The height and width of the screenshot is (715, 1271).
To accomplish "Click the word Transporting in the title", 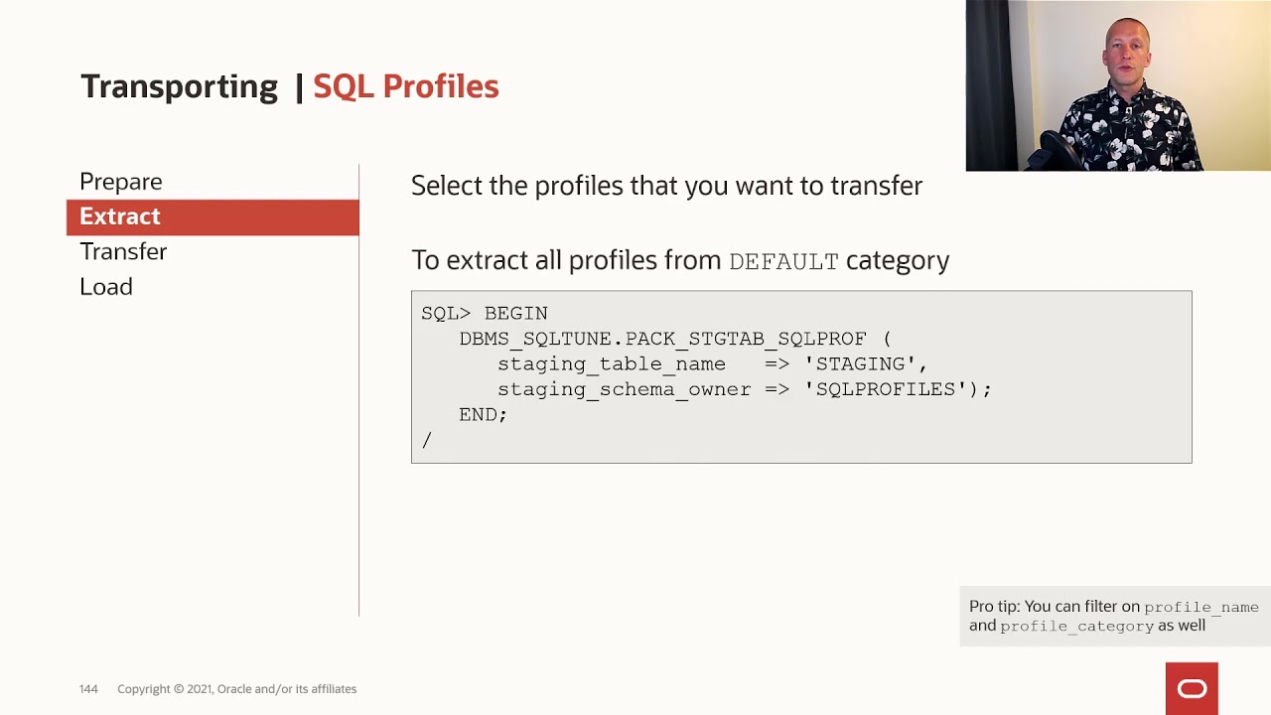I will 179,86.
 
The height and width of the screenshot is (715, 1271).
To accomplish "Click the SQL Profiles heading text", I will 405,86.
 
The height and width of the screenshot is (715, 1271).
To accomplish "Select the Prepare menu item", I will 120,182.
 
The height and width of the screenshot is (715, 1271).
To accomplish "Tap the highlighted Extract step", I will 120,216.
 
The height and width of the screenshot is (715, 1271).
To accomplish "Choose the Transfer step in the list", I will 123,251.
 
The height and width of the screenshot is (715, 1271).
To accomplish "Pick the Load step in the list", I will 106,287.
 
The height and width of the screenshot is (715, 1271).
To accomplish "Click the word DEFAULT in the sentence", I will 783,262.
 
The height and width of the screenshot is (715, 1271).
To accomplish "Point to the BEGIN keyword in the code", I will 515,314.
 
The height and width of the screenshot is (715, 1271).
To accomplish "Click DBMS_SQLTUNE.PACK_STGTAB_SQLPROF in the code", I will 662,340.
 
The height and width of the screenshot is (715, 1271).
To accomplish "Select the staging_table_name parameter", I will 611,364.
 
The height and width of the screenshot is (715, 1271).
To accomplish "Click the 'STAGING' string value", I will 860,364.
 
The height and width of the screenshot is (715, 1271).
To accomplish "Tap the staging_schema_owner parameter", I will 624,389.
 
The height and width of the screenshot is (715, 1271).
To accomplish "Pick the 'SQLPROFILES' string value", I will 886,389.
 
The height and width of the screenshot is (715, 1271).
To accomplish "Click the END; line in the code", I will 483,415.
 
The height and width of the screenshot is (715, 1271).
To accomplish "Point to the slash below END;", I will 427,440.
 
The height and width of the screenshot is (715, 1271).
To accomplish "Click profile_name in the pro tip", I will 1200,607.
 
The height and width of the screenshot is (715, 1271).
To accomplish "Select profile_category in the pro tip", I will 1076,627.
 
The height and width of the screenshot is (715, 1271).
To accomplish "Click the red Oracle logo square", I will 1192,688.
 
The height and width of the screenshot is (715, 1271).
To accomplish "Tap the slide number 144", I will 88,689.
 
